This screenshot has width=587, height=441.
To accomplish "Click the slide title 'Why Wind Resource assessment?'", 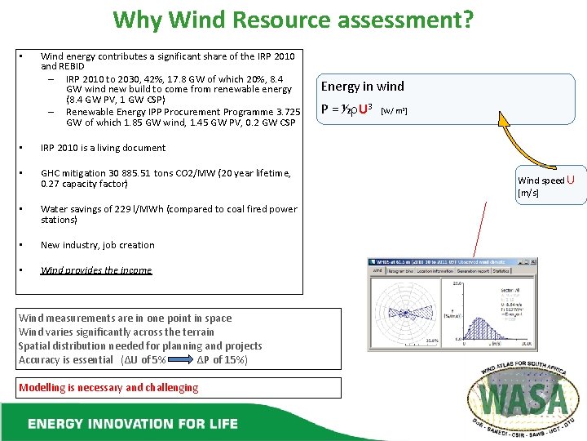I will (x=293, y=19).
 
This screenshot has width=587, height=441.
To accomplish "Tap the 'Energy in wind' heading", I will (x=362, y=86).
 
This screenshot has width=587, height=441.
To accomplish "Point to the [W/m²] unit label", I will (x=394, y=110).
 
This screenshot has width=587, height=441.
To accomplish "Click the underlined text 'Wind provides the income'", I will (x=96, y=269).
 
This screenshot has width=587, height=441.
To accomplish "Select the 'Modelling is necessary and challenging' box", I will (x=108, y=387).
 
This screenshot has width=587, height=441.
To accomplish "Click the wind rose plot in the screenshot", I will (x=404, y=312).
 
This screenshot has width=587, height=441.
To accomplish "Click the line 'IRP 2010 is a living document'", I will (x=103, y=148).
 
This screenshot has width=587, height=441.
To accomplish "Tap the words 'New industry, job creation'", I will (x=97, y=245).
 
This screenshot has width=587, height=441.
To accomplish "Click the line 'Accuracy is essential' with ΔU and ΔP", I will (x=133, y=360).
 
